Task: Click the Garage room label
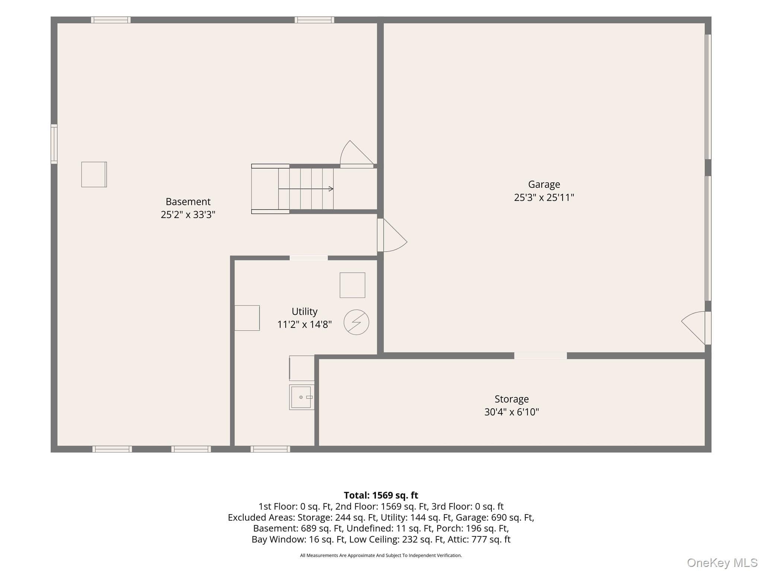[x=544, y=185]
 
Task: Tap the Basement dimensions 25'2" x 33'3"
[x=188, y=214]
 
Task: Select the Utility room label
[x=304, y=312]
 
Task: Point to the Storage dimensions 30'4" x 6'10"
[x=512, y=412]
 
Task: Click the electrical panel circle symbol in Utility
[x=356, y=322]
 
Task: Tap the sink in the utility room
[x=301, y=397]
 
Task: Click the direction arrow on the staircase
[x=306, y=189]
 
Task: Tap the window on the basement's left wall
[x=54, y=144]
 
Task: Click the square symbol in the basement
[x=94, y=174]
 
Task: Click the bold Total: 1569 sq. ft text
[x=381, y=495]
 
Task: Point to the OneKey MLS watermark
[x=722, y=563]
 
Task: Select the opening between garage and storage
[x=540, y=356]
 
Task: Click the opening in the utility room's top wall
[x=308, y=258]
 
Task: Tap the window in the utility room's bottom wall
[x=270, y=449]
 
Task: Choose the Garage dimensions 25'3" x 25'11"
[x=544, y=197]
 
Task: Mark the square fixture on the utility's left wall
[x=247, y=318]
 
